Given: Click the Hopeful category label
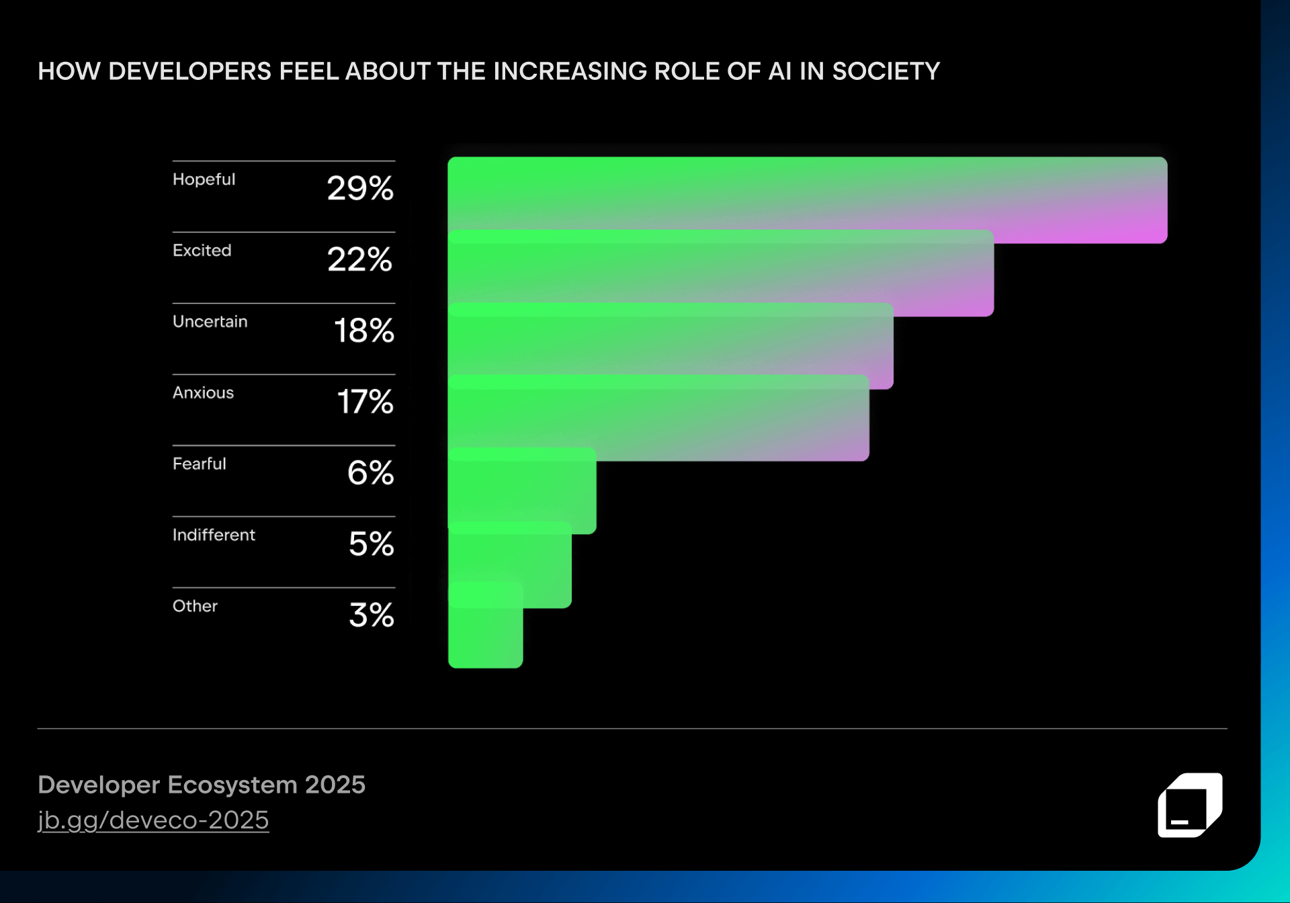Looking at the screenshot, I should point(204,179).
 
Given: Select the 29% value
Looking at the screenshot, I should point(360,188).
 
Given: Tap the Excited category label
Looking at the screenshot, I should point(202,251).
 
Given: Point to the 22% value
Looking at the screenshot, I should point(360,259).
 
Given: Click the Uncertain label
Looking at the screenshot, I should point(210,322).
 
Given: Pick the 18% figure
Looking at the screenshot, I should point(363,331).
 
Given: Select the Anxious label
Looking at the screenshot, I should point(203,393).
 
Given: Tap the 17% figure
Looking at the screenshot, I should point(365,402).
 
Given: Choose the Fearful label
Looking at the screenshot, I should point(199,464).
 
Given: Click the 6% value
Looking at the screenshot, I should point(370,473).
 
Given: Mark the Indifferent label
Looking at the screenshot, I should point(214,535).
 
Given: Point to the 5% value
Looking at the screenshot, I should point(371,544).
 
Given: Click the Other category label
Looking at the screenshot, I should point(195,606).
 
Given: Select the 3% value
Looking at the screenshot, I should point(371,615).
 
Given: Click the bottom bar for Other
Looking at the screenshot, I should point(485,638).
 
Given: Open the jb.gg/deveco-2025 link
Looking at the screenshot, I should point(153,820).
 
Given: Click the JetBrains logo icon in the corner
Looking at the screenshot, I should point(1190,805).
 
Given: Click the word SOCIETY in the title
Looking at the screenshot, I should point(886,71).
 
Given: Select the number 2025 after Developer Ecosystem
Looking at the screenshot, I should point(335,785).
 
